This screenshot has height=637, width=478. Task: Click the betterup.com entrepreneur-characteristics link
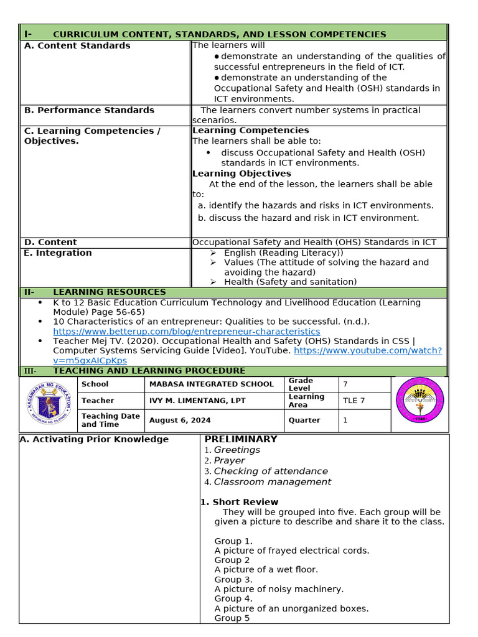click(186, 332)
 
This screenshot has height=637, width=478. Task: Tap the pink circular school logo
click(420, 400)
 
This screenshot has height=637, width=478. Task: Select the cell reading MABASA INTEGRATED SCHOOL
click(211, 384)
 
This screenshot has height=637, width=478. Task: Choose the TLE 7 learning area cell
click(350, 401)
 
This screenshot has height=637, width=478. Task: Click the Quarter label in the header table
click(304, 421)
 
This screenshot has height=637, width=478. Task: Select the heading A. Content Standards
click(77, 46)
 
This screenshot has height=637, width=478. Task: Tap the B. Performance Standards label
click(89, 110)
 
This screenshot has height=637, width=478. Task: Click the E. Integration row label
click(58, 253)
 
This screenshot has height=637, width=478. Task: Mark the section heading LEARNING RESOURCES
click(110, 292)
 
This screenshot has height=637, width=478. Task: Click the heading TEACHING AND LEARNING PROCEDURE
click(149, 371)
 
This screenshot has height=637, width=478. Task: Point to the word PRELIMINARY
click(241, 439)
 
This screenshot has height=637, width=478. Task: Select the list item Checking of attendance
click(271, 472)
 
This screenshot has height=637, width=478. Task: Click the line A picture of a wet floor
click(266, 570)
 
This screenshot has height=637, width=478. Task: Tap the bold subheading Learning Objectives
click(241, 174)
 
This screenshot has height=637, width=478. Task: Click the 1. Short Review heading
click(239, 502)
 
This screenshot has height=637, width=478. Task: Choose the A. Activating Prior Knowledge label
click(94, 440)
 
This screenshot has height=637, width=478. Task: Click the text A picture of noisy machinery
click(279, 589)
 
